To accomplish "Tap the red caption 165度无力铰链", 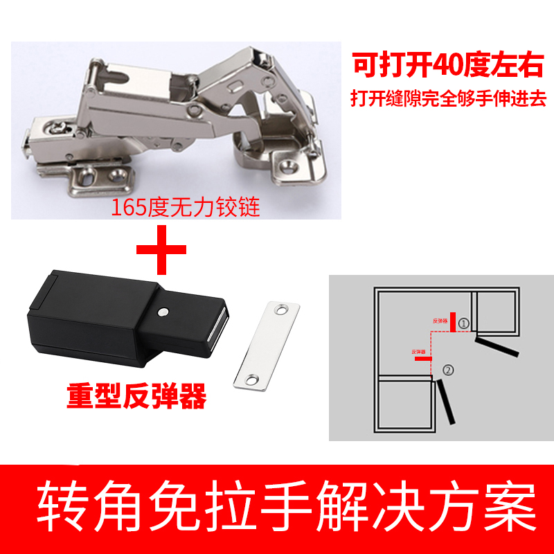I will coord(186,207).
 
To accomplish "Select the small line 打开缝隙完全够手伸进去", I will coord(447,98).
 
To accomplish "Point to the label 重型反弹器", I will coord(136,397).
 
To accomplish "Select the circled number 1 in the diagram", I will coord(464,323).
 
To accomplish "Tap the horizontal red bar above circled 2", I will coord(423,359).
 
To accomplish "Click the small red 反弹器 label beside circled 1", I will coord(440,321).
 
